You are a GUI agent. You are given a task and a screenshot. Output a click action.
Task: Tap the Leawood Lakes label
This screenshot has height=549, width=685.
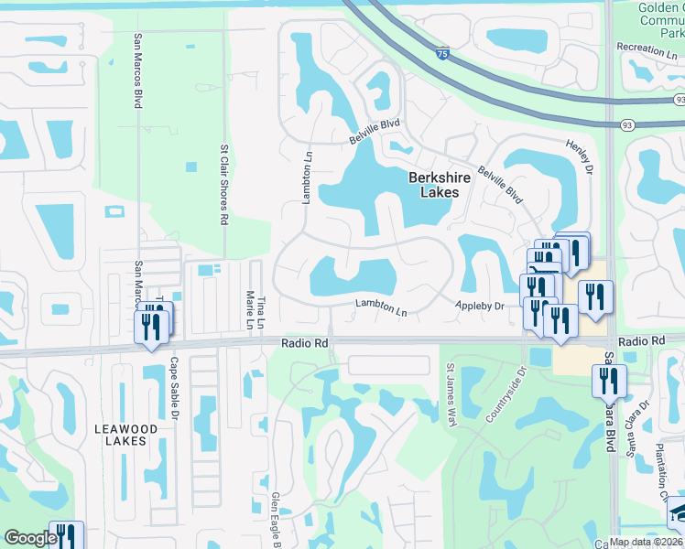coord(126,434)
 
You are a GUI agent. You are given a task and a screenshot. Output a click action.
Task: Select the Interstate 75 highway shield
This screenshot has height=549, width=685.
coord(443,55)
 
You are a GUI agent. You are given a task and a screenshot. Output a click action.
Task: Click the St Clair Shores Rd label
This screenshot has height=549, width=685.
coord(223,184)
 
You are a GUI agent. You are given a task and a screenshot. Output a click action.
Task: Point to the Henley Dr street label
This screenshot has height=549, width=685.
coord(582,157)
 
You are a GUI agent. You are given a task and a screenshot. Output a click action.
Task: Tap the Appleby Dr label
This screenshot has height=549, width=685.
coord(481,307)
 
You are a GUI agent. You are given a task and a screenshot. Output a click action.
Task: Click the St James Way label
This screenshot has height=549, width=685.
coord(451,393)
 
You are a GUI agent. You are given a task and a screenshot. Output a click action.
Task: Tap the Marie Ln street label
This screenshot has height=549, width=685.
coord(248,309)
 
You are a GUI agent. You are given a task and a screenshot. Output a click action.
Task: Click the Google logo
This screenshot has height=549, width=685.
coord(29,538)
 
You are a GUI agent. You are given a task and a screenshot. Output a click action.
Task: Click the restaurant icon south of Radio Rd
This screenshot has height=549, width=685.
coord(609,382)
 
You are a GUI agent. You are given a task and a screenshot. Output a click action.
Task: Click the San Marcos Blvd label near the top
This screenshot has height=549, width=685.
coord(138,71)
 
